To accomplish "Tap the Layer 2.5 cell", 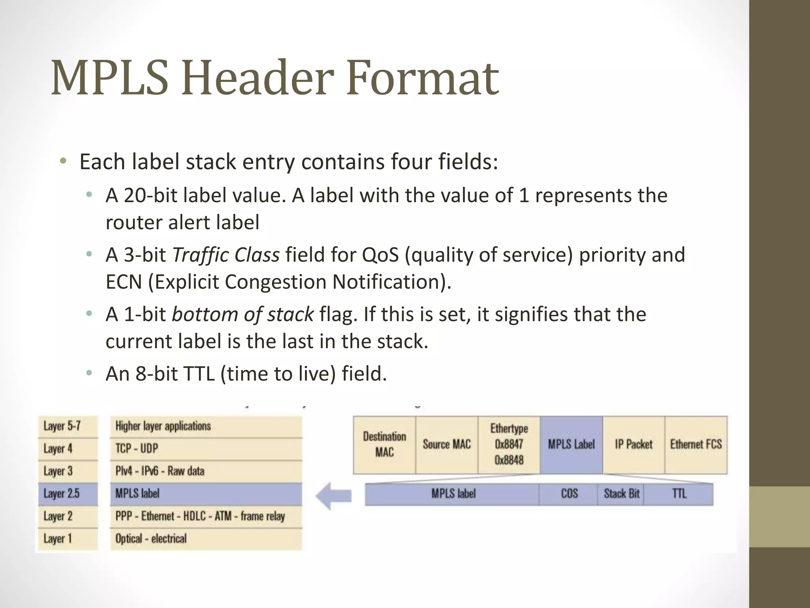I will (x=68, y=494).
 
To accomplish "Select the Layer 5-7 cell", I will (x=68, y=426).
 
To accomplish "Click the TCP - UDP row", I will (x=206, y=448).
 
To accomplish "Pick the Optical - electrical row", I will (x=206, y=539).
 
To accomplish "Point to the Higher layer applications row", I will (x=206, y=426).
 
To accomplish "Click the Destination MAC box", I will (x=384, y=445).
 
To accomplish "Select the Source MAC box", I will (x=447, y=445).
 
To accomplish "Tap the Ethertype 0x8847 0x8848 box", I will (x=509, y=445).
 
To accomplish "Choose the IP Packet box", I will (x=634, y=445).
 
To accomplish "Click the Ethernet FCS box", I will (x=696, y=445).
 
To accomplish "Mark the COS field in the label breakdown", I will (x=569, y=494).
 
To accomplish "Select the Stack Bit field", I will (x=621, y=494).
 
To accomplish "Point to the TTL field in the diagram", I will (x=679, y=494).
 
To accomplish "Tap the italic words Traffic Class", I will (x=226, y=255).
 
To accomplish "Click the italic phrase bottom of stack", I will (x=243, y=315).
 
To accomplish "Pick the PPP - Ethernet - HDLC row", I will (x=206, y=516).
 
